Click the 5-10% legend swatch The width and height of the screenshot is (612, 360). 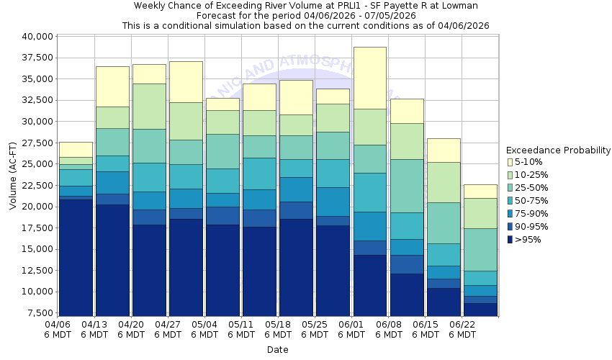(511, 162)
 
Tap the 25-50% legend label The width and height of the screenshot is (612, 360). (533, 188)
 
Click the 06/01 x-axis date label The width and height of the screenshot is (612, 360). (351, 329)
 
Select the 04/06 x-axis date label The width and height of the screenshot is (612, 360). (58, 329)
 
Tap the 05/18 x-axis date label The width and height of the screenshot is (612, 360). (278, 329)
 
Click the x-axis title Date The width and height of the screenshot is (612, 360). (277, 350)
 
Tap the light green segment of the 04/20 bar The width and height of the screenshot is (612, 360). (149, 106)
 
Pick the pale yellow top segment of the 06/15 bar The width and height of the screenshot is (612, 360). (443, 150)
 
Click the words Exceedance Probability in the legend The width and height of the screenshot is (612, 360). (558, 150)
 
